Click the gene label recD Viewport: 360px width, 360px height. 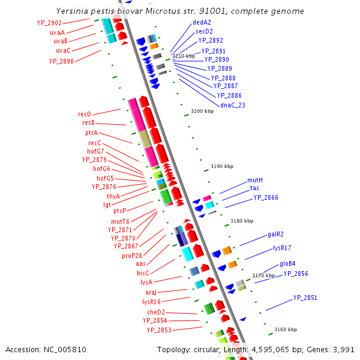tap(84, 114)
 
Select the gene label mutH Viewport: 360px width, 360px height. tap(255, 180)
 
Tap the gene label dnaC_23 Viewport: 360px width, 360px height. tap(233, 105)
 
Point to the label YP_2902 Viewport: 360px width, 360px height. tap(49, 23)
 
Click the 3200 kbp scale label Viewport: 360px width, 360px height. tap(202, 111)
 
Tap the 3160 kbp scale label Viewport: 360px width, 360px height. tap(285, 329)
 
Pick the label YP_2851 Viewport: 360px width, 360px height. tap(305, 298)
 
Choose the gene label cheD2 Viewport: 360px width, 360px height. tap(156, 312)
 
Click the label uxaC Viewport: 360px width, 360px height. tap(60, 50)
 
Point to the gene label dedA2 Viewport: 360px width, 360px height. tap(202, 22)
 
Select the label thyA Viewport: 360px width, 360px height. tap(113, 196)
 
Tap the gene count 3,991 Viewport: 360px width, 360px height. tap(343, 349)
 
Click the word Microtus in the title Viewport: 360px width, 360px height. tap(155, 11)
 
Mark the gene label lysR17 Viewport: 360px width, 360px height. tap(282, 248)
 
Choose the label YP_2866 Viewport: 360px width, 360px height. tap(265, 197)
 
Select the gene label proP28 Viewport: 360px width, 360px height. tap(132, 256)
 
